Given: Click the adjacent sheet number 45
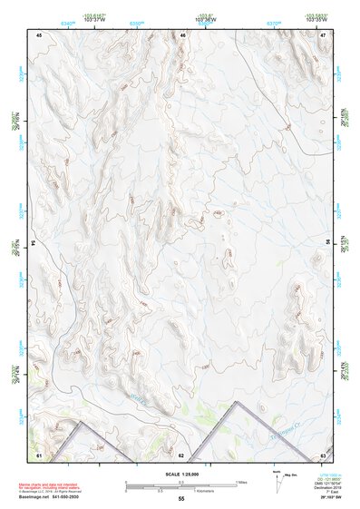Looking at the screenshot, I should [x=40, y=34].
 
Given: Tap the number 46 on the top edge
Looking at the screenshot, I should [x=182, y=34].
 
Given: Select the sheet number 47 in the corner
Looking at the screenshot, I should [x=324, y=34].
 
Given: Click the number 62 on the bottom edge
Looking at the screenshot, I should [x=181, y=453].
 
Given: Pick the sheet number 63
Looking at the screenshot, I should [x=324, y=453].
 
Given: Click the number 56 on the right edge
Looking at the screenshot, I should [x=329, y=244].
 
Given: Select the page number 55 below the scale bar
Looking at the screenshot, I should [x=181, y=499].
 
